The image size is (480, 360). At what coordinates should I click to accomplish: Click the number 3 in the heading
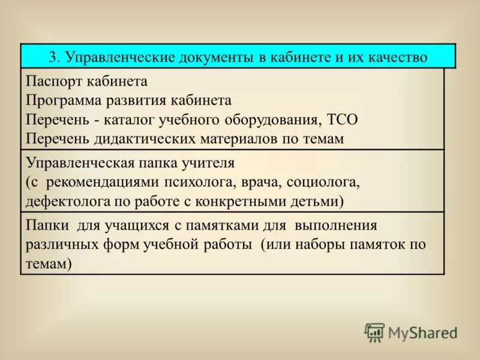52,58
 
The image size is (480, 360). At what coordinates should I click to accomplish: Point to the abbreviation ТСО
343,119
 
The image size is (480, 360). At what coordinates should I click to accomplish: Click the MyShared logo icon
374,332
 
